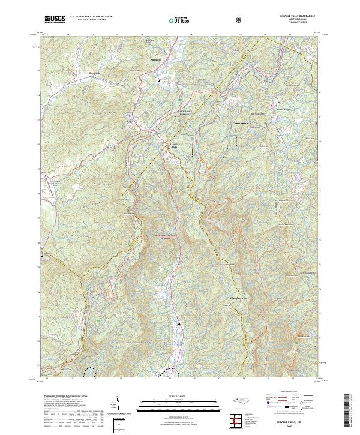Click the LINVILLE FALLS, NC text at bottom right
[290, 422]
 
